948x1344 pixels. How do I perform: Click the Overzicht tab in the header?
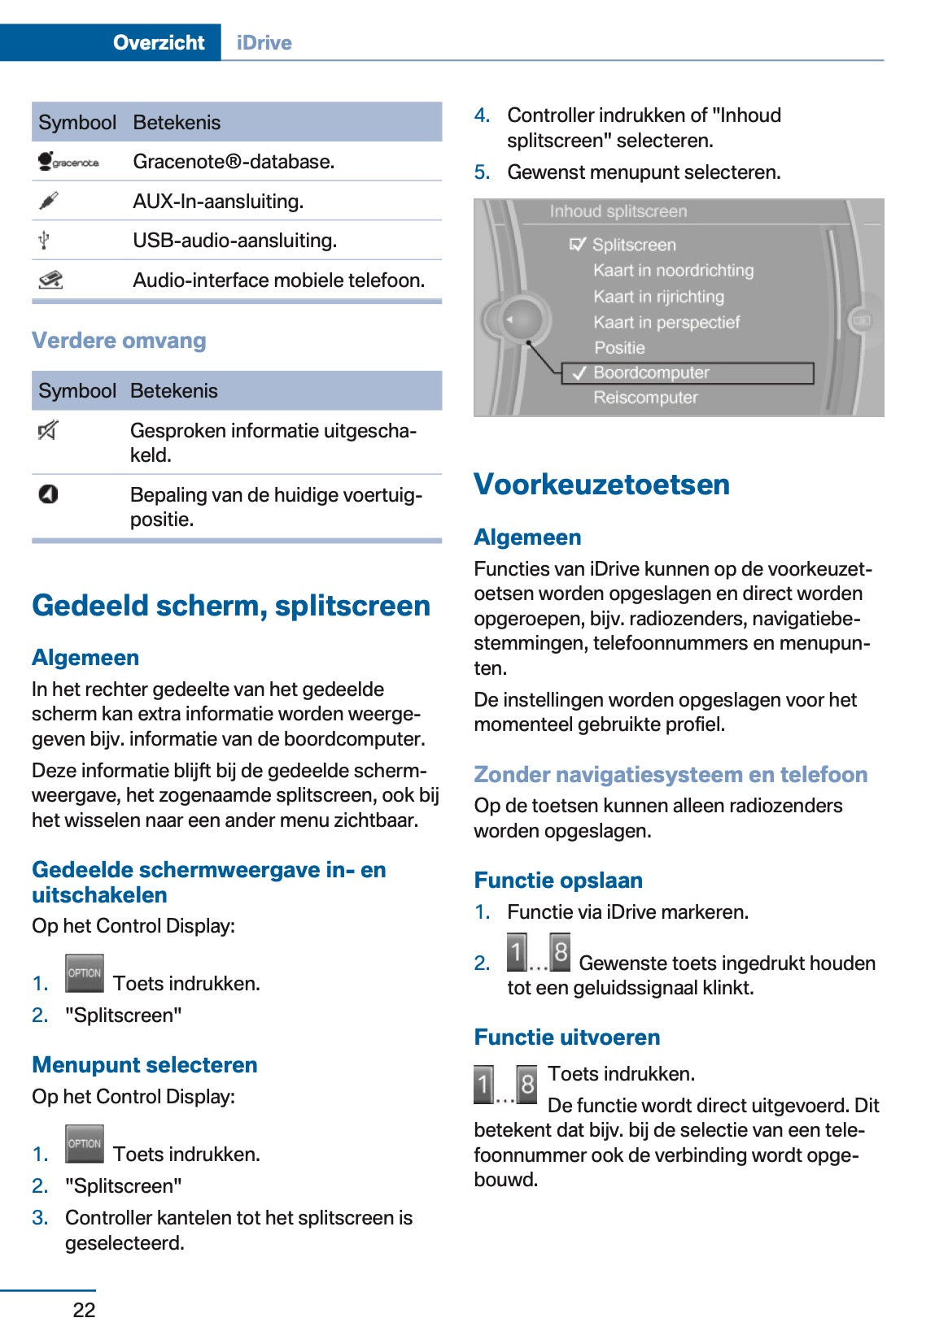pyautogui.click(x=159, y=42)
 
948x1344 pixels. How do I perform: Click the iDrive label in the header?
pyautogui.click(x=264, y=42)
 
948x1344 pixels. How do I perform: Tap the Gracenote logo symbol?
pyautogui.click(x=68, y=161)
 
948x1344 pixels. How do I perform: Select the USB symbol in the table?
pyautogui.click(x=45, y=240)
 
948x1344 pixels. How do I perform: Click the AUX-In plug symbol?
pyautogui.click(x=49, y=200)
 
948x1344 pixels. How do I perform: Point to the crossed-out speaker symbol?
pyautogui.click(x=48, y=430)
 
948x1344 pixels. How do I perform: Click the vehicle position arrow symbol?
pyautogui.click(x=49, y=494)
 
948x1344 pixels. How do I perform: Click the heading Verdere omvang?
pyautogui.click(x=119, y=340)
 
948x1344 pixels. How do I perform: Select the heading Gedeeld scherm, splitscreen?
pyautogui.click(x=231, y=605)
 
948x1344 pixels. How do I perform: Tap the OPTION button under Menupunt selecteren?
pyautogui.click(x=85, y=1144)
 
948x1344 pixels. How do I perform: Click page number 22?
pyautogui.click(x=84, y=1310)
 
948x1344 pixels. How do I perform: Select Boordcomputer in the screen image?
pyautogui.click(x=651, y=372)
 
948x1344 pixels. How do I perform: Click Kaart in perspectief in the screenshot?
pyautogui.click(x=666, y=322)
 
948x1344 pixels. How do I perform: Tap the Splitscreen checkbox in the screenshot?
pyautogui.click(x=578, y=244)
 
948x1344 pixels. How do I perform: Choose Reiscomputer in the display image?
pyautogui.click(x=645, y=398)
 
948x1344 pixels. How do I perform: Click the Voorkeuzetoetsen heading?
pyautogui.click(x=601, y=484)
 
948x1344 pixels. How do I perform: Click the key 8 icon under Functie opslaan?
pyautogui.click(x=560, y=952)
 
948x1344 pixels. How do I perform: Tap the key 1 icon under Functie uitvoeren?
pyautogui.click(x=483, y=1084)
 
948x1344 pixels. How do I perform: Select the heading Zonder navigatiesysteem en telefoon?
pyautogui.click(x=671, y=774)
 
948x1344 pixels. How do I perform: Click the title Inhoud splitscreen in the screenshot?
pyautogui.click(x=618, y=211)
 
